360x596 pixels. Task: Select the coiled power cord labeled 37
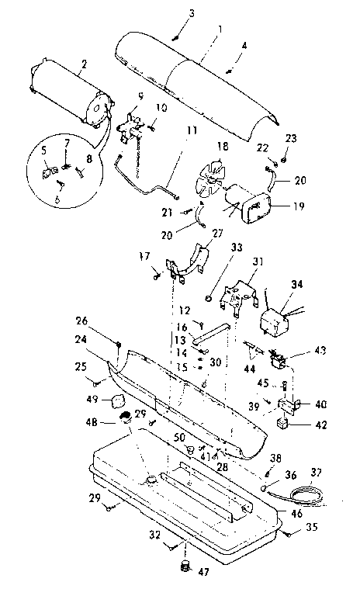pyautogui.click(x=289, y=494)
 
